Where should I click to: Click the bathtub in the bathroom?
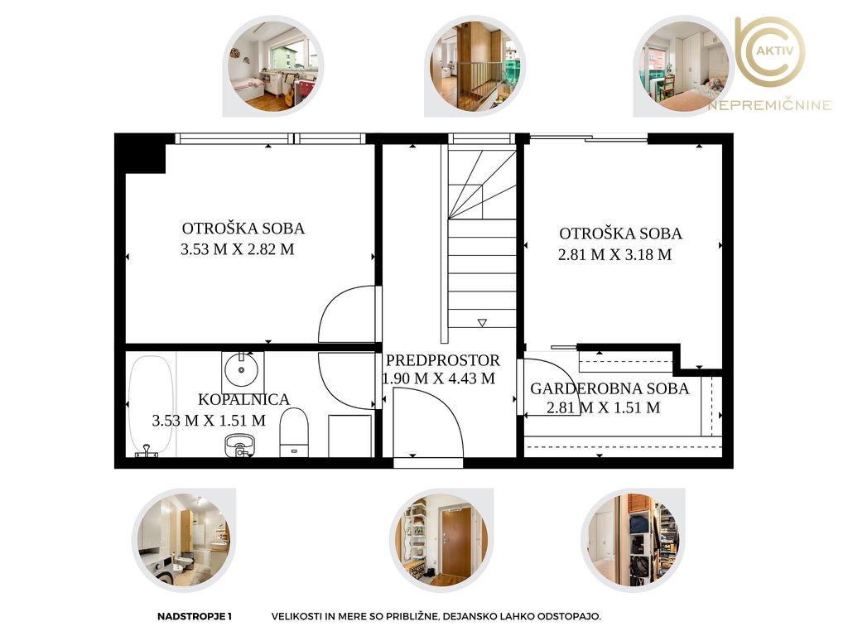(x=151, y=406)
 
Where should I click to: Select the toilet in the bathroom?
(x=294, y=432)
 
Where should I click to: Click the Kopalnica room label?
(x=244, y=400)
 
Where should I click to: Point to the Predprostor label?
(x=443, y=360)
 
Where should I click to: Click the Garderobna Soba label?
(x=609, y=389)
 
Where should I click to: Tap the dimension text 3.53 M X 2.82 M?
(x=238, y=249)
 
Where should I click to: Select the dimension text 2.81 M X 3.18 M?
(x=615, y=255)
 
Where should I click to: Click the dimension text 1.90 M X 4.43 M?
(x=439, y=378)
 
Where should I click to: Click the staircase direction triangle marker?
(x=482, y=323)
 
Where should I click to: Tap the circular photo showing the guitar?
(x=273, y=66)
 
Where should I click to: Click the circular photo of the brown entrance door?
(x=441, y=540)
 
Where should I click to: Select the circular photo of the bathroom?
(x=184, y=540)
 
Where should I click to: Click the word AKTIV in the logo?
(x=774, y=51)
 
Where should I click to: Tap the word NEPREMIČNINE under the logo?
(x=769, y=105)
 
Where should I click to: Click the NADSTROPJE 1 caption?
(x=194, y=616)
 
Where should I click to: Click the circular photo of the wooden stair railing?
(x=475, y=66)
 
